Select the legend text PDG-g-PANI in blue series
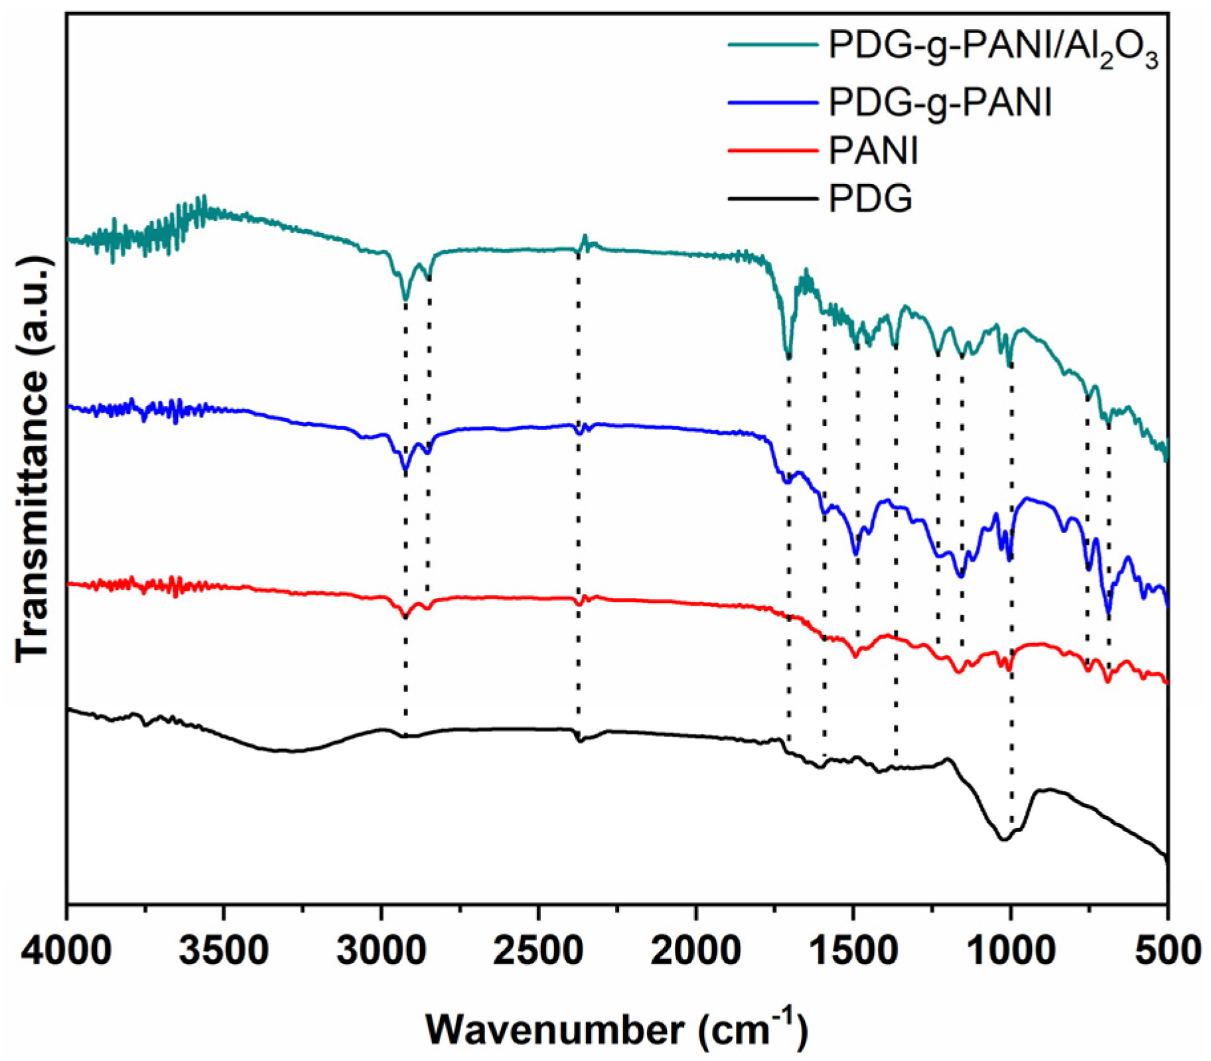(x=940, y=103)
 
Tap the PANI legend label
(x=873, y=151)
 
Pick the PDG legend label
(x=870, y=198)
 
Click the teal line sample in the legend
(x=772, y=44)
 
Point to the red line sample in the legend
(x=772, y=150)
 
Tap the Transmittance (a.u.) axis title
(x=32, y=458)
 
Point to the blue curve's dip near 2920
(x=405, y=471)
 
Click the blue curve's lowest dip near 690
(x=1108, y=614)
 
